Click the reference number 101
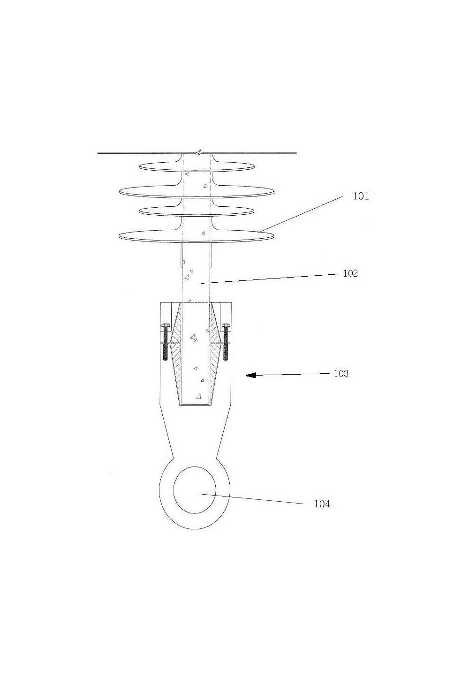[x=361, y=196]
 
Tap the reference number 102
[x=350, y=273]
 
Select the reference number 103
[x=341, y=374]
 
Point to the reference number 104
[x=322, y=504]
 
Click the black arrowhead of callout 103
[x=251, y=375]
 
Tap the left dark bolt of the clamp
[x=165, y=342]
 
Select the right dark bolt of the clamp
[x=226, y=342]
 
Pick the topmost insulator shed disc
[x=197, y=166]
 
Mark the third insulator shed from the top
[x=197, y=211]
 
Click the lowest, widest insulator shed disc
[x=197, y=236]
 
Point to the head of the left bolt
[x=165, y=325]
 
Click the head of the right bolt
[x=226, y=325]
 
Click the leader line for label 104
[x=251, y=498]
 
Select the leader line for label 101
[x=300, y=214]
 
